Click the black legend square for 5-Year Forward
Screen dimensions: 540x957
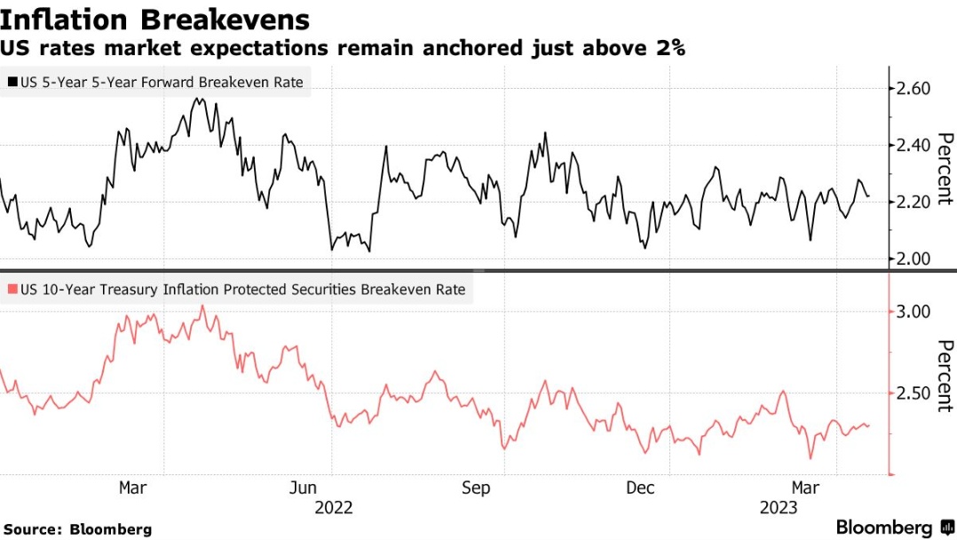[x=12, y=83]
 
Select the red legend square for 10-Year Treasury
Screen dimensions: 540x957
[x=12, y=290]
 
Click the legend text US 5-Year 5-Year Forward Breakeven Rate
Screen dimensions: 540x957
[x=162, y=83]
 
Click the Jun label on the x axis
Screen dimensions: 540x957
[x=304, y=488]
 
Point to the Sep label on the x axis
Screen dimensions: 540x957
[x=476, y=488]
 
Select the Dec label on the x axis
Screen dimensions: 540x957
[x=640, y=488]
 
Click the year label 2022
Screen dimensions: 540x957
[x=333, y=508]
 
